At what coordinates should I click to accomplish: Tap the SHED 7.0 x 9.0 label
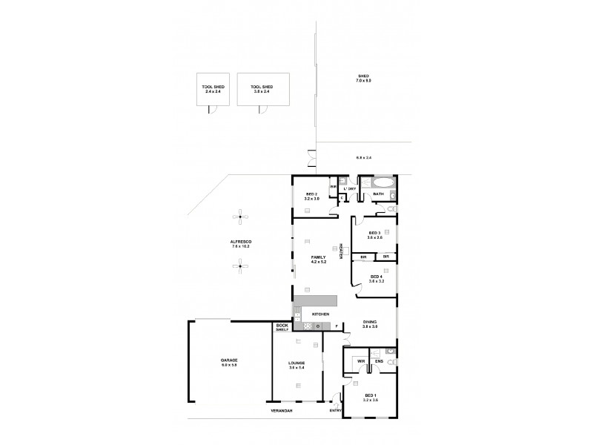point(363,78)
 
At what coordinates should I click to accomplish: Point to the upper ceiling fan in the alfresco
point(240,216)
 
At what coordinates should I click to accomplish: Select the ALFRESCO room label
point(240,244)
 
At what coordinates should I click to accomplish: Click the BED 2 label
point(311,196)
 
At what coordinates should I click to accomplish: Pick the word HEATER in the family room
point(340,251)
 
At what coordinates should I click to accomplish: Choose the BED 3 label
point(375,235)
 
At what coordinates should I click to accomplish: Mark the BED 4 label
point(375,279)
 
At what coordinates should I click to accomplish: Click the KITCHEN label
point(321,314)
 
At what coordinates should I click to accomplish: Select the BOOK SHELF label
point(282,326)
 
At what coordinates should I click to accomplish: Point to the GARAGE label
point(229,363)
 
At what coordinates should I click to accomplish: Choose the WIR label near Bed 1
point(360,362)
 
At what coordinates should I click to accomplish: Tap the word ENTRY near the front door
point(335,409)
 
